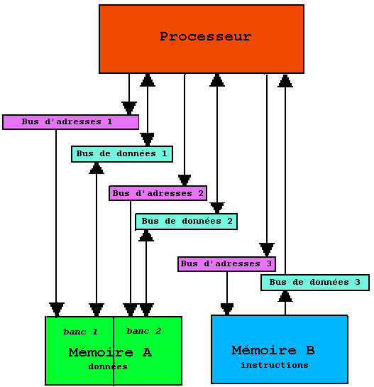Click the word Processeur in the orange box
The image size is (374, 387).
coord(206,36)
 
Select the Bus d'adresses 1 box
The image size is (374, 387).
coord(70,122)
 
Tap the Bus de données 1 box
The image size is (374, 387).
coord(122,154)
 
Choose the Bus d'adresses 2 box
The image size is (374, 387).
coord(158,193)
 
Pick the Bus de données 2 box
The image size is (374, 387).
coord(186,222)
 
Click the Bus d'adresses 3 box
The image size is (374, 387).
coord(226,264)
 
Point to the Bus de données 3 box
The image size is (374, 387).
coord(315,283)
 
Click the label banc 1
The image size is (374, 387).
coord(80,332)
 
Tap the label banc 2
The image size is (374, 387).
coord(143,331)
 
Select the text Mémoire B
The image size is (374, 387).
coord(273,350)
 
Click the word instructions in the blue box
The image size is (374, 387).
coord(275,365)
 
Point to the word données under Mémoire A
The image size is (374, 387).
coord(108,366)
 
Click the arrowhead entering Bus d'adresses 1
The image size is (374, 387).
coord(129,108)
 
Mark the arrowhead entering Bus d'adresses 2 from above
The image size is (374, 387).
coord(185,180)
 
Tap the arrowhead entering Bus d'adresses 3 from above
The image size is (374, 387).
coord(267,250)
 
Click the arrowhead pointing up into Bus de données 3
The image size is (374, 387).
coord(285,296)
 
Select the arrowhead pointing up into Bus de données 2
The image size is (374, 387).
coord(146,236)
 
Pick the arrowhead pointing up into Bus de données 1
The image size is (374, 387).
coord(97,168)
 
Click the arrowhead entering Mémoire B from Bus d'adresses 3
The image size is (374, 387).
coord(227,310)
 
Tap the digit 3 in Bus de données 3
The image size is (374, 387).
coord(358,282)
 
